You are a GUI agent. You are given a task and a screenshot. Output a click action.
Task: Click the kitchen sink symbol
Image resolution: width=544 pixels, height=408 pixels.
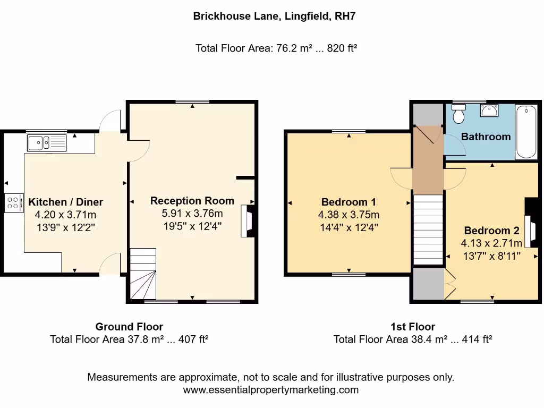47,142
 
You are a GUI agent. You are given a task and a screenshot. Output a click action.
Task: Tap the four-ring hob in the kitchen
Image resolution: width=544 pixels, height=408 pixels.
14,202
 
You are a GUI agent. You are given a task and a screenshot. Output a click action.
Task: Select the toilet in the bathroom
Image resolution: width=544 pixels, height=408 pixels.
458,114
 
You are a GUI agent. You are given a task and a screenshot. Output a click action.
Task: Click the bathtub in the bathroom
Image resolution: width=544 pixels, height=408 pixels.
526,131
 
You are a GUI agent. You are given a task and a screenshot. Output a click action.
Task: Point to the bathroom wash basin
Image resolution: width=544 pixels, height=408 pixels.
489,110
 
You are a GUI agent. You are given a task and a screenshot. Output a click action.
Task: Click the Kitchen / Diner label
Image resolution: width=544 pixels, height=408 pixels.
65,202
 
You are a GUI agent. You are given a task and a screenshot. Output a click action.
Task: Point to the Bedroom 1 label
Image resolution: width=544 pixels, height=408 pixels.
348,202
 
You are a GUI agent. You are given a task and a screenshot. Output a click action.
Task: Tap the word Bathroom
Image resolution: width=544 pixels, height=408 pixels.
486,137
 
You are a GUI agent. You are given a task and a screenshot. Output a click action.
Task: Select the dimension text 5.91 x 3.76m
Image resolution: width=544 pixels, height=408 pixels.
192,214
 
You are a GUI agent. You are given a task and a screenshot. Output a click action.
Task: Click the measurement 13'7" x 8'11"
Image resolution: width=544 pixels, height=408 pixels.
491,256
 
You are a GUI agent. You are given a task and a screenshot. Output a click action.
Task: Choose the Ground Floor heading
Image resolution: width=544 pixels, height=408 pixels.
129,327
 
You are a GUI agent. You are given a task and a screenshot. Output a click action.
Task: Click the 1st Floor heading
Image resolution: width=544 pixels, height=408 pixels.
412,327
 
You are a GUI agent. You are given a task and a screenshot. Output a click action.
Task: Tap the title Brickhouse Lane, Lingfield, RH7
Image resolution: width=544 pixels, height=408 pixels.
274,16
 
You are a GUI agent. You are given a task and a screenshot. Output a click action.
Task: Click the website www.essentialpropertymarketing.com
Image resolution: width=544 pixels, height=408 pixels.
271,390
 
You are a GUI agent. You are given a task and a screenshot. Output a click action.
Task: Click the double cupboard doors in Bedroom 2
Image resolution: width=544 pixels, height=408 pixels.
450,283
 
